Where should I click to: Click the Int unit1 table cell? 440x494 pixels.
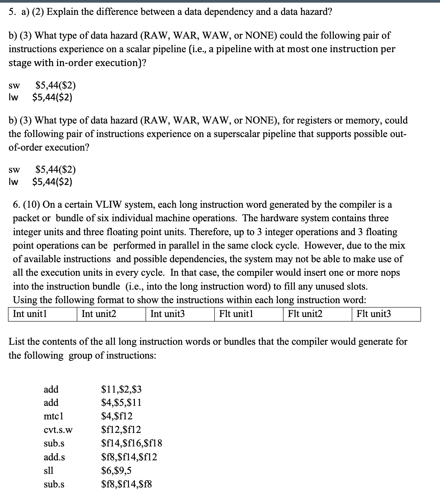coord(43,314)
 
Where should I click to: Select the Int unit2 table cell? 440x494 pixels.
coord(111,314)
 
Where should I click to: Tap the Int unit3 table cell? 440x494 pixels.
coord(180,314)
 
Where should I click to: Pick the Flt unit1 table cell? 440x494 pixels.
coord(249,314)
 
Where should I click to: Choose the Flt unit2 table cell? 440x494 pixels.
coord(317,314)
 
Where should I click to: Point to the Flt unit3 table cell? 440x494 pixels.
coord(386,314)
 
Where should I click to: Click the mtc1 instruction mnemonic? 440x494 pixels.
coord(53,416)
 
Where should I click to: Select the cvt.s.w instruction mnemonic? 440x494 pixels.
coord(58,430)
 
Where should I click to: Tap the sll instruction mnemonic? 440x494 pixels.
coord(48,470)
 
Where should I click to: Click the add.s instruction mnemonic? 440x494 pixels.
coord(54,457)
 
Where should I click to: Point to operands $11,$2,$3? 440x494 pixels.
coord(121,389)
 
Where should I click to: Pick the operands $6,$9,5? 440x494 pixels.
coord(116,470)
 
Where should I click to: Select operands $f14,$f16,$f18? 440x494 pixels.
coord(132,443)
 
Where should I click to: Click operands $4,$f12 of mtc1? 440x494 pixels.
coord(117,416)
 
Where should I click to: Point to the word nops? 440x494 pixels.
coord(390,273)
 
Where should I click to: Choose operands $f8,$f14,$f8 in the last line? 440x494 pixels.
coord(127,484)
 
